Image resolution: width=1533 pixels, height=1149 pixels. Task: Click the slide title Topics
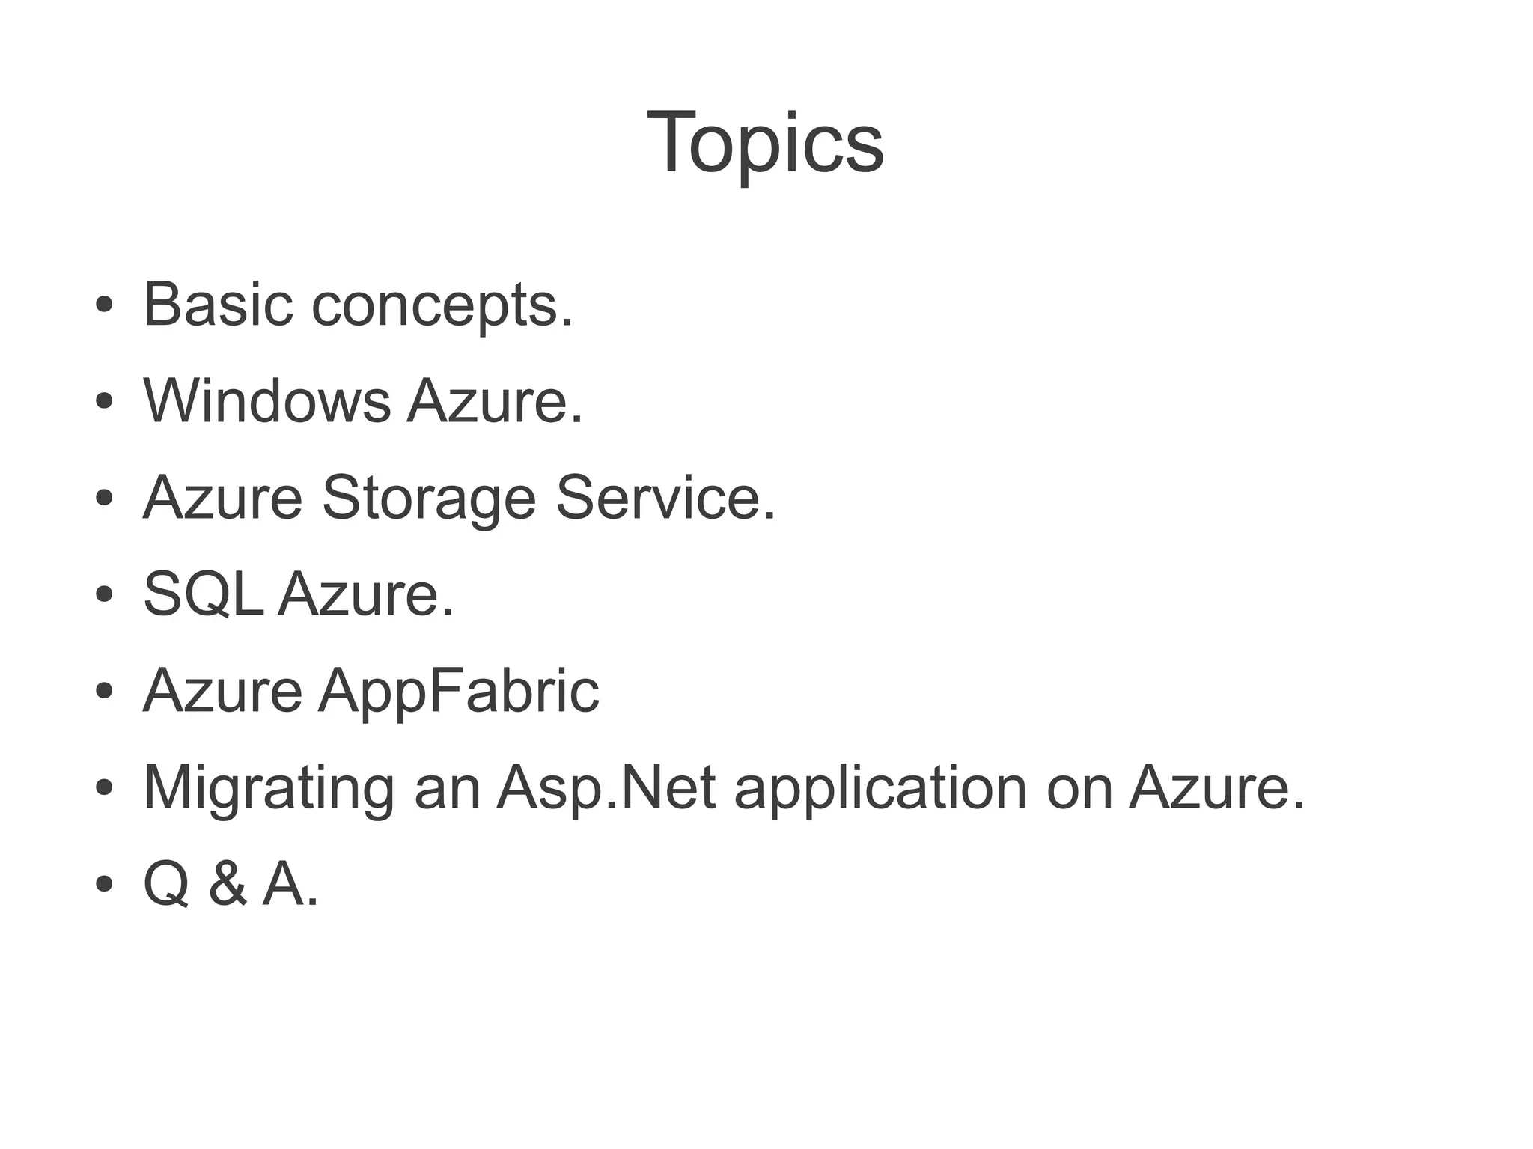(x=765, y=142)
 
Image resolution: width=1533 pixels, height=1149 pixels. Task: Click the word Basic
(x=217, y=305)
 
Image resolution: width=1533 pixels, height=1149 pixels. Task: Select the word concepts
(x=441, y=307)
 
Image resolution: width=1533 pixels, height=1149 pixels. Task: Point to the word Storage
(x=429, y=499)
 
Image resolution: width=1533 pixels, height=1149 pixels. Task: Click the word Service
(x=665, y=498)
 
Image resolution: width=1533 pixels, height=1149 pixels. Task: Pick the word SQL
(x=203, y=595)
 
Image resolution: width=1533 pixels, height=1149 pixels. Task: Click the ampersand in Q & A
(x=228, y=884)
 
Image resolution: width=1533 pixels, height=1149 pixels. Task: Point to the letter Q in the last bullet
(x=166, y=886)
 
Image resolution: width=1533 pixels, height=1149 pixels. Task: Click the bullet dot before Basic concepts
(x=104, y=305)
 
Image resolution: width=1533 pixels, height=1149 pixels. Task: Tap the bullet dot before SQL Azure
(x=104, y=595)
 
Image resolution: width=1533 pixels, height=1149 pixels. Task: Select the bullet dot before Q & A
(x=104, y=884)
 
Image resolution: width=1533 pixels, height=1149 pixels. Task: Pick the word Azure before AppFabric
(x=222, y=691)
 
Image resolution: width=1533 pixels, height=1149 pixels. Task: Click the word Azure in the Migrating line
(x=1216, y=787)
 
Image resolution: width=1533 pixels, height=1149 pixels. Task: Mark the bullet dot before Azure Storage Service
(x=104, y=498)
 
